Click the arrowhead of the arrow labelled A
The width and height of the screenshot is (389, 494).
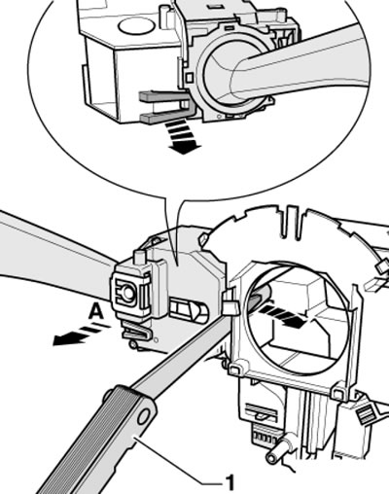click(61, 339)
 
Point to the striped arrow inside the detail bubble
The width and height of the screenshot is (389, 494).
click(181, 136)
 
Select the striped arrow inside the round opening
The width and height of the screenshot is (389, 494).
click(281, 316)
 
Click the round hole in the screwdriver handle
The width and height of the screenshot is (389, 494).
click(143, 416)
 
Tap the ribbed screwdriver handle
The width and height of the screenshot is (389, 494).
click(94, 441)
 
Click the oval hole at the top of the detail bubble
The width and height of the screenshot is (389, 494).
click(135, 25)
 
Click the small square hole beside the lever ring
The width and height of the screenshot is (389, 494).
click(189, 77)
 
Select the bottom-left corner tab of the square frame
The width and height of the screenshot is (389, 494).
click(235, 369)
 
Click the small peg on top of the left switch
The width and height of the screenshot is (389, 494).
click(140, 257)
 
